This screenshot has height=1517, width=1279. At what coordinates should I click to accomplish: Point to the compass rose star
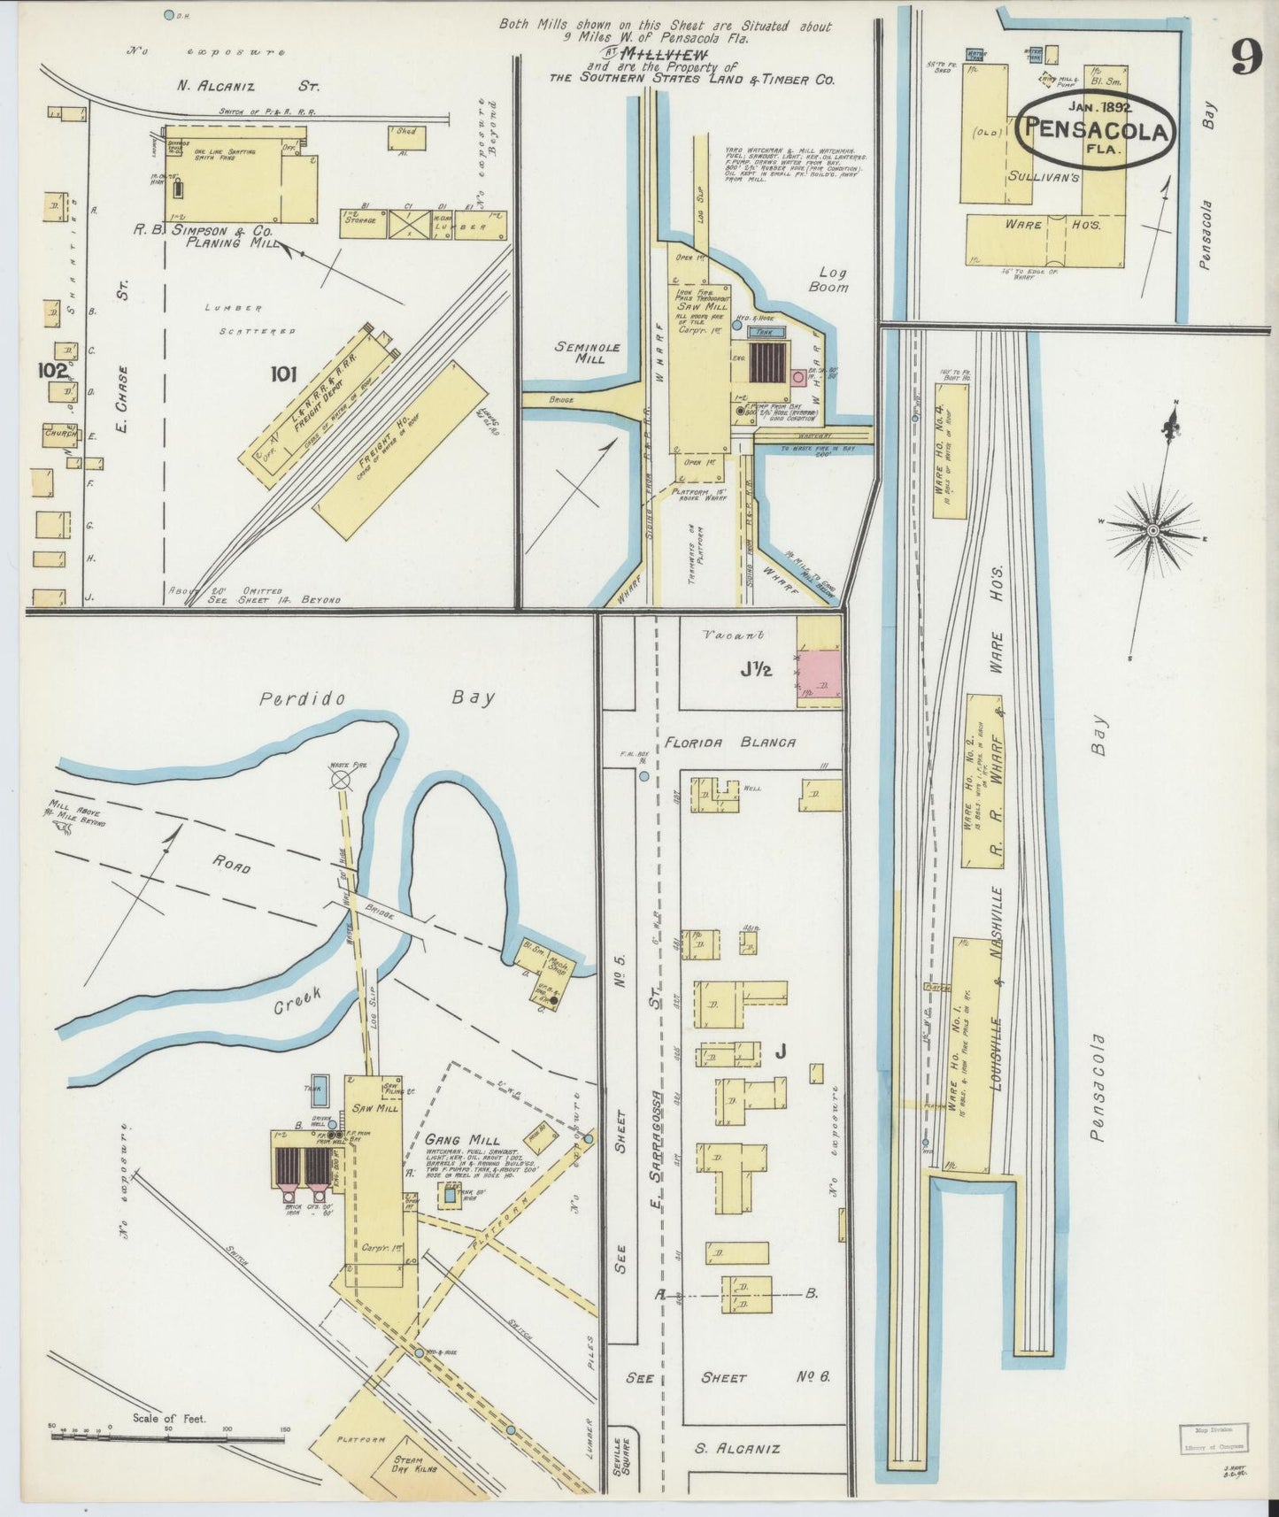point(1152,530)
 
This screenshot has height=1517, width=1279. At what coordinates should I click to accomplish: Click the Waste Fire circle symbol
point(341,779)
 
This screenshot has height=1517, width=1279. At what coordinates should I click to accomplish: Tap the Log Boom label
point(831,280)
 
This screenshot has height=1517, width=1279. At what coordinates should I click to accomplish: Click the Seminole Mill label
point(588,353)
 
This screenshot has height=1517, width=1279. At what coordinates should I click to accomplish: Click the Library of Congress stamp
point(1213,1439)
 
